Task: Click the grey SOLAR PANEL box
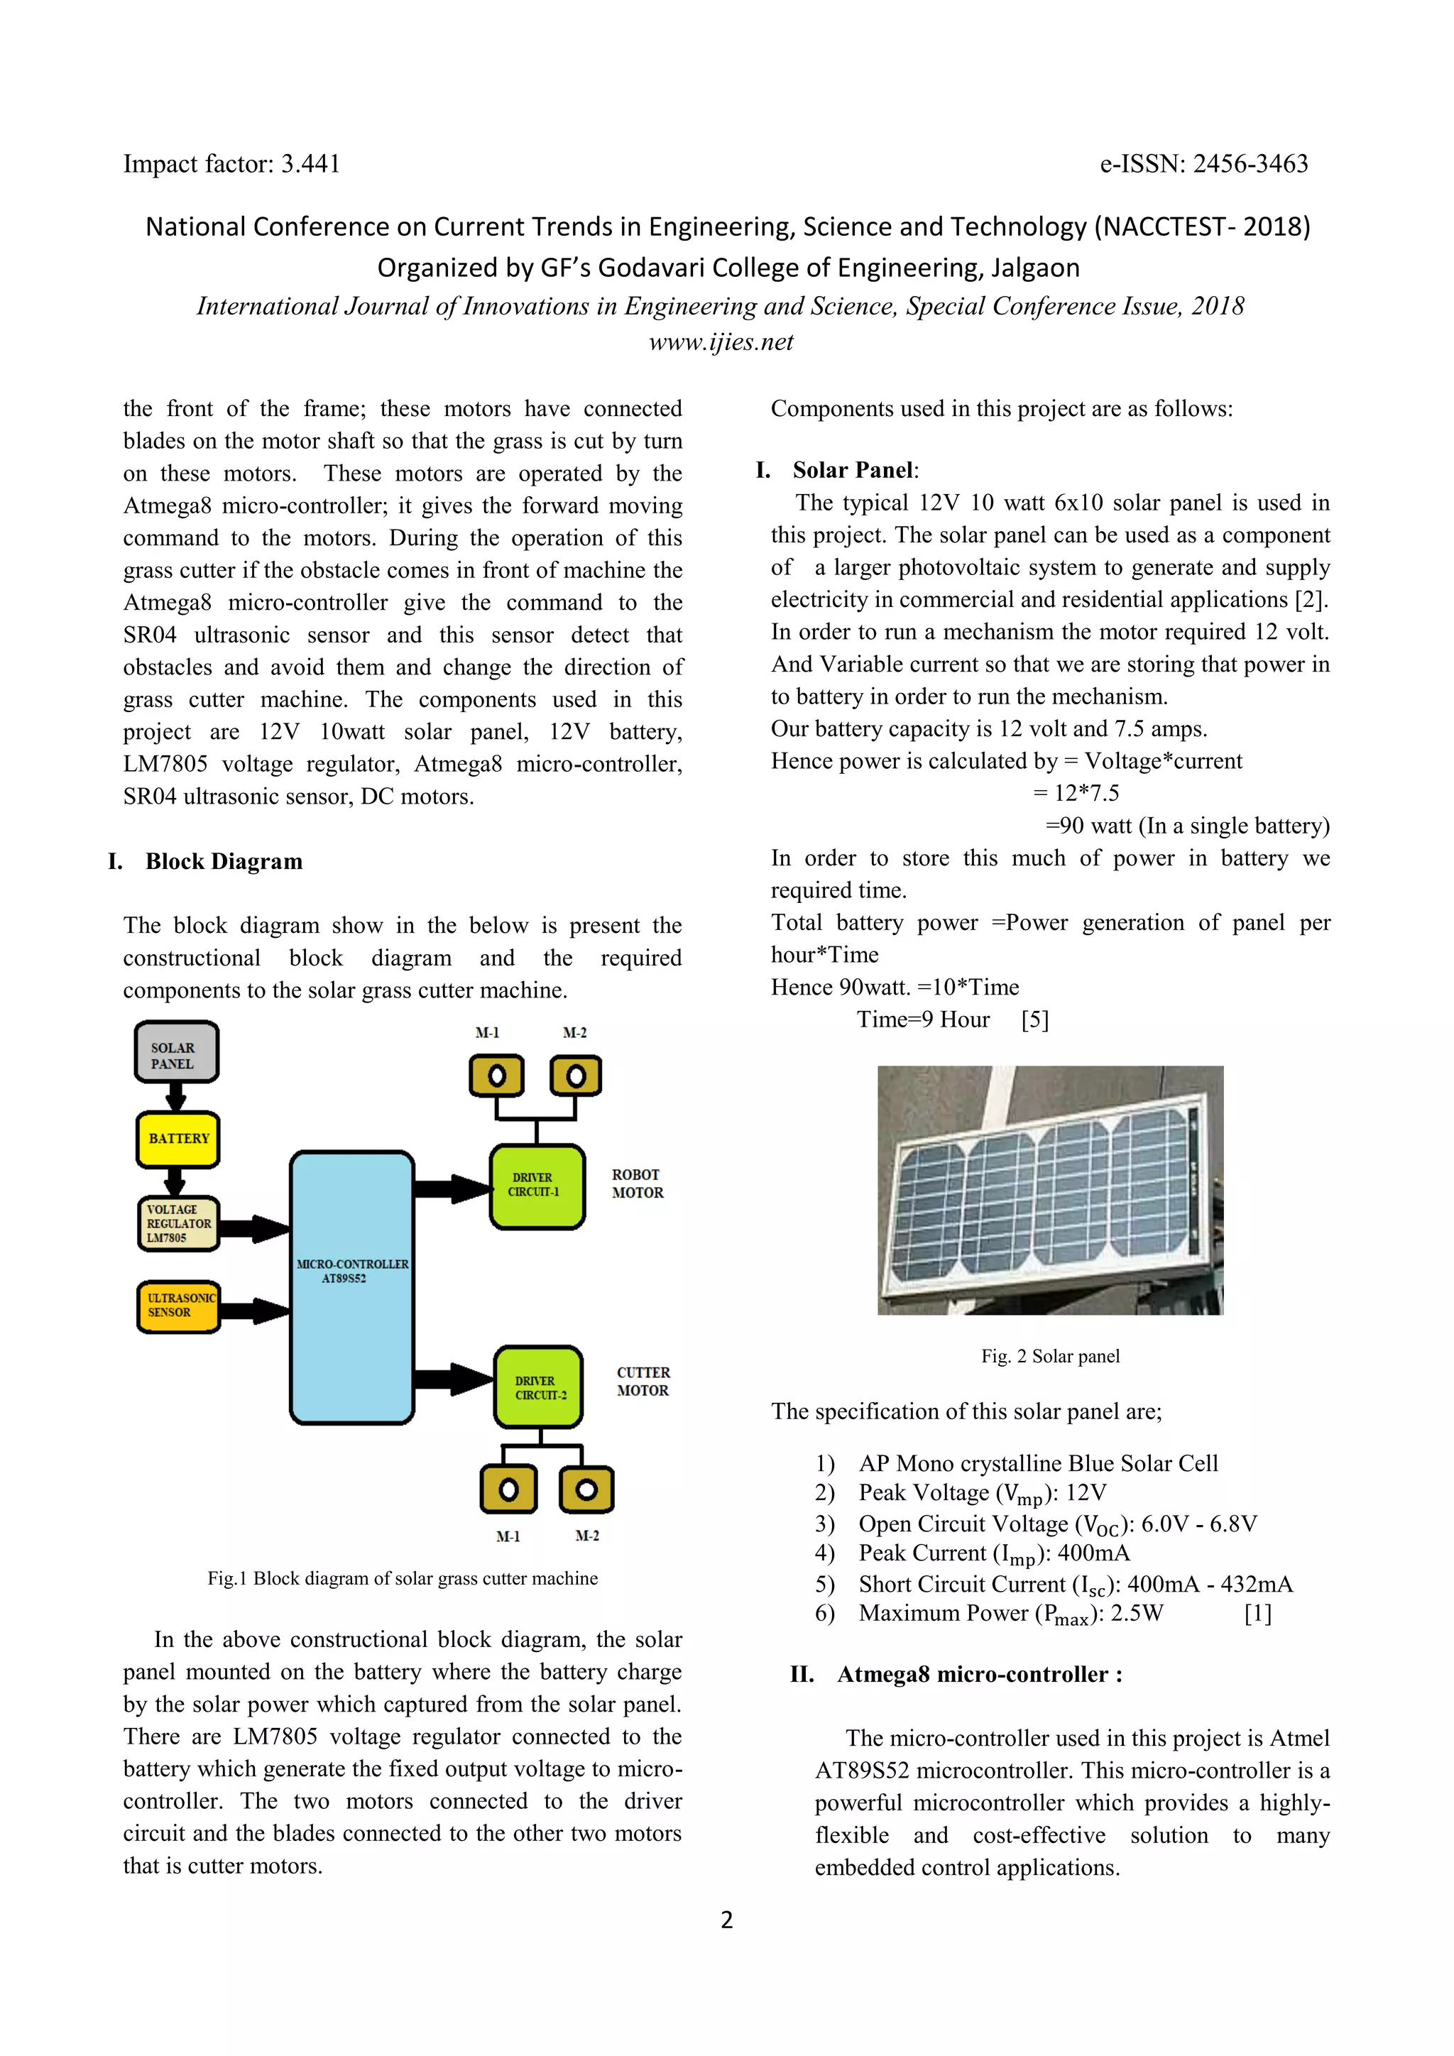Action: tap(176, 1052)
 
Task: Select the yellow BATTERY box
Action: tap(178, 1139)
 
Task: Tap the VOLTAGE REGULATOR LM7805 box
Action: tap(178, 1223)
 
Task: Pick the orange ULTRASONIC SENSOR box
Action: tap(178, 1306)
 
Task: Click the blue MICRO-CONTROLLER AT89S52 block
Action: tap(352, 1287)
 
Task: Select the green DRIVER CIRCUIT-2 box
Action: tap(539, 1387)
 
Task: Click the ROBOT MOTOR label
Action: tap(638, 1183)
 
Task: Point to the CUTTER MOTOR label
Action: tap(643, 1382)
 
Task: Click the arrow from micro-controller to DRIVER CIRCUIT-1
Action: tap(452, 1188)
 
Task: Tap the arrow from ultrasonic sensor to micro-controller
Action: tap(255, 1310)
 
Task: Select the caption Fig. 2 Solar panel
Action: tap(1049, 1356)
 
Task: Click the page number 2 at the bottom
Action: tap(726, 1920)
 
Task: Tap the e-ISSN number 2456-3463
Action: tap(1251, 164)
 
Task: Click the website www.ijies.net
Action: tap(721, 342)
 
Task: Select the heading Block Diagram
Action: tap(224, 861)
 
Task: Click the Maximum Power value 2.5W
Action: tap(1137, 1614)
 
